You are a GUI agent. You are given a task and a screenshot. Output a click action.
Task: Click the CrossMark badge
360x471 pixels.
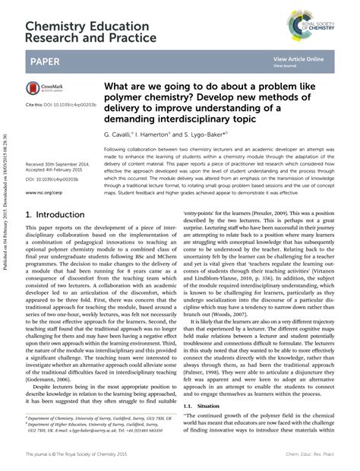click(47, 90)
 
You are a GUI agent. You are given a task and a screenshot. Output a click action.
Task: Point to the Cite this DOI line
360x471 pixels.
click(62, 103)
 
